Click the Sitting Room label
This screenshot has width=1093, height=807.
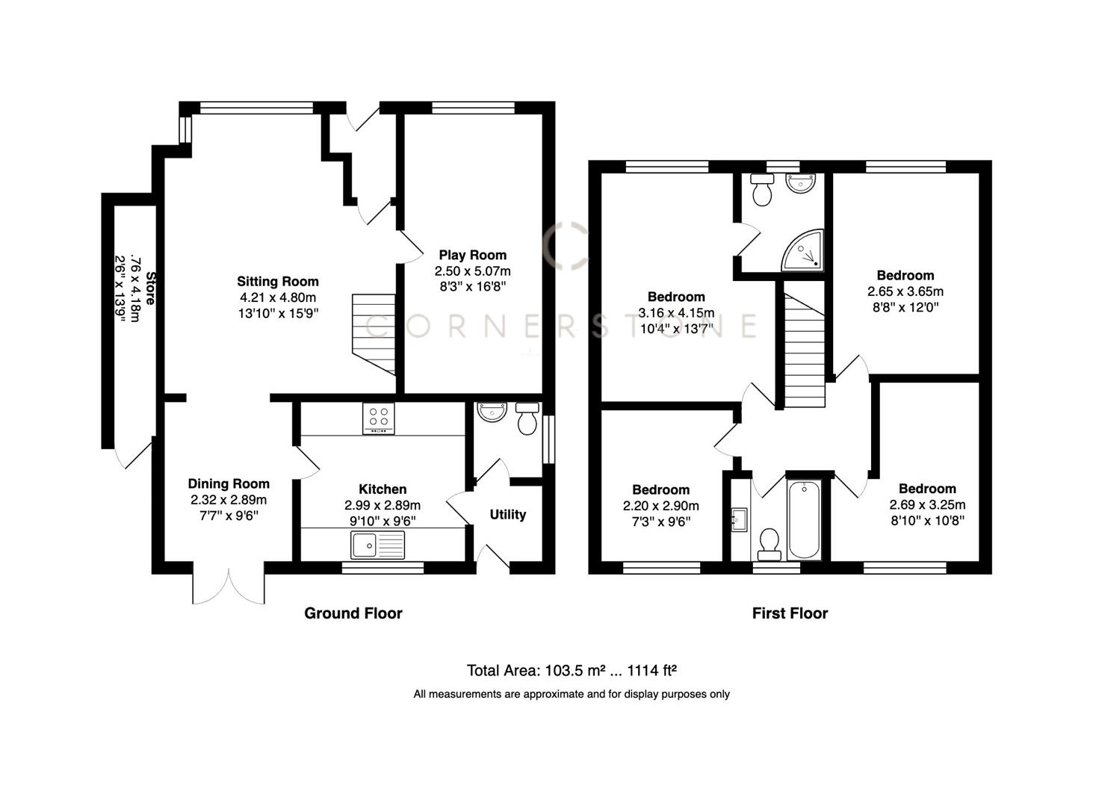click(x=278, y=282)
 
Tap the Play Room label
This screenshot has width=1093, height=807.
click(x=472, y=255)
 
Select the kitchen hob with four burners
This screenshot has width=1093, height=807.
click(x=378, y=418)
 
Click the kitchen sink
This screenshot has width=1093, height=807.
click(x=378, y=545)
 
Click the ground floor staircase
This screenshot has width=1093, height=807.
click(x=374, y=333)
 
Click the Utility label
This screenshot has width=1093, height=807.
click(x=507, y=514)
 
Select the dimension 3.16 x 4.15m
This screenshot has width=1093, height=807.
click(x=676, y=312)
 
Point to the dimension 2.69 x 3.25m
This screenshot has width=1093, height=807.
click(x=927, y=504)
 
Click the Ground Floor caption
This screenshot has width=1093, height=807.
click(x=353, y=613)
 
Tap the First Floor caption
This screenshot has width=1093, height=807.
click(x=790, y=613)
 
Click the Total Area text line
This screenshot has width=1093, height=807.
click(x=572, y=670)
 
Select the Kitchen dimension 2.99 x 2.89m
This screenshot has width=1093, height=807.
click(x=383, y=505)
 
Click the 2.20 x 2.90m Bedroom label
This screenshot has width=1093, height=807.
click(x=660, y=489)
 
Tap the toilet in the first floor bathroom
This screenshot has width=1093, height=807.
click(x=768, y=544)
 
